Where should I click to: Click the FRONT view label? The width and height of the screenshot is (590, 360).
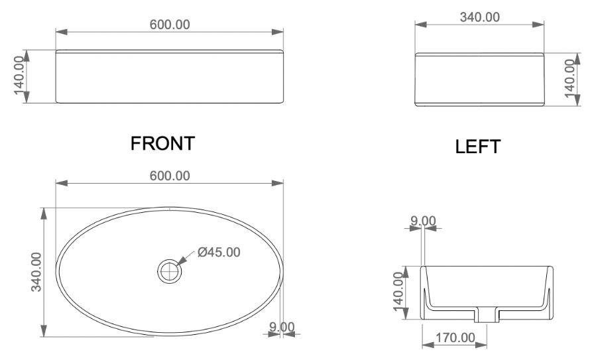point(162,143)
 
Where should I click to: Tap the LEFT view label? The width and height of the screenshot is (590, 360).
point(477,147)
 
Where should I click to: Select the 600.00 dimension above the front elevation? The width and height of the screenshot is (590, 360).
point(170,25)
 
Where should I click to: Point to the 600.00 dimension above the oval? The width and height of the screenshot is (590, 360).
point(170,176)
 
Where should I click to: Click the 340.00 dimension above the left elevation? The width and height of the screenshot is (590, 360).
point(480,17)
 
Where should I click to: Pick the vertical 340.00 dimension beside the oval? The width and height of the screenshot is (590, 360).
point(36,272)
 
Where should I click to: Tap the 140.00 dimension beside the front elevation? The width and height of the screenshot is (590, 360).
point(19,76)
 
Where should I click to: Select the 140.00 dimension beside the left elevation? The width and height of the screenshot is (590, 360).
point(571,78)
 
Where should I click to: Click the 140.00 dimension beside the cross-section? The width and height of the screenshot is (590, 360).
point(399,292)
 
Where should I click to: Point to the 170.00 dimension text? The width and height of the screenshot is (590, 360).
point(455,338)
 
